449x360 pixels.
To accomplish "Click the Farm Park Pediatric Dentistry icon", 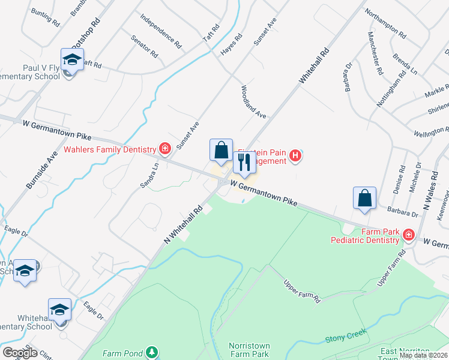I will coord(409,235).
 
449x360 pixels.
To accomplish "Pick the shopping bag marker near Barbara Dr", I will coord(365,199).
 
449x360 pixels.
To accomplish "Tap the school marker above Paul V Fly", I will coord(72,61).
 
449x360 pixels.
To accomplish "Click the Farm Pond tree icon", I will coord(154,352).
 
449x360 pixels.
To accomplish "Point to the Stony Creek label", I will coord(342,340).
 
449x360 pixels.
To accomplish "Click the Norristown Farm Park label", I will coord(249,350).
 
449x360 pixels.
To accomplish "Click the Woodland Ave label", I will coord(253,101).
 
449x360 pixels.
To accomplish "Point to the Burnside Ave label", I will coord(41,167).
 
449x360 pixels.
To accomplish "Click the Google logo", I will coord(20,352).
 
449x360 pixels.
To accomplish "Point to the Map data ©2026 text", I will coord(423,355).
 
